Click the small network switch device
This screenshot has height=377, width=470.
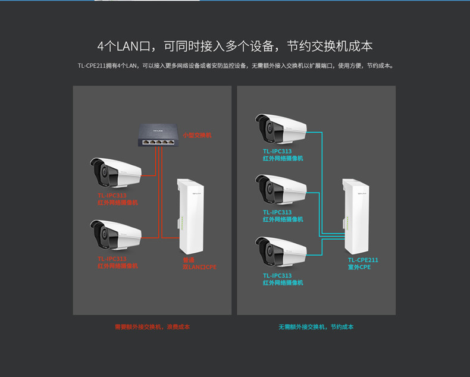pyautogui.click(x=158, y=135)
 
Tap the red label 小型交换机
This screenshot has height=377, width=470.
pyautogui.click(x=196, y=135)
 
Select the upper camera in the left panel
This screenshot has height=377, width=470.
pyautogui.click(x=115, y=173)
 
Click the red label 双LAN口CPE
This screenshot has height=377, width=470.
pyautogui.click(x=199, y=268)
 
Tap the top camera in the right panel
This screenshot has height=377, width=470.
pyautogui.click(x=281, y=128)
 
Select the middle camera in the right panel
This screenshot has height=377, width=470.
pyautogui.click(x=281, y=190)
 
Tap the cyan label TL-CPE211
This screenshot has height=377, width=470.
pyautogui.click(x=363, y=260)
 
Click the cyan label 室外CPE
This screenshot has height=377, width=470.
pyautogui.click(x=359, y=268)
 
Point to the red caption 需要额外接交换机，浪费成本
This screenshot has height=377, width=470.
pyautogui.click(x=152, y=327)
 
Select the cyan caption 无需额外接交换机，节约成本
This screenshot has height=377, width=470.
pyautogui.click(x=316, y=327)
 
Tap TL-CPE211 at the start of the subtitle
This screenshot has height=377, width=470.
pyautogui.click(x=91, y=66)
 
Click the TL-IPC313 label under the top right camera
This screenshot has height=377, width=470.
pyautogui.click(x=277, y=151)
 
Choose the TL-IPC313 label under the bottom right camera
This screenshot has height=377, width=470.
pyautogui.click(x=277, y=275)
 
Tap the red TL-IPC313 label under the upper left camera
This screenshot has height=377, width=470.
pyautogui.click(x=112, y=195)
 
